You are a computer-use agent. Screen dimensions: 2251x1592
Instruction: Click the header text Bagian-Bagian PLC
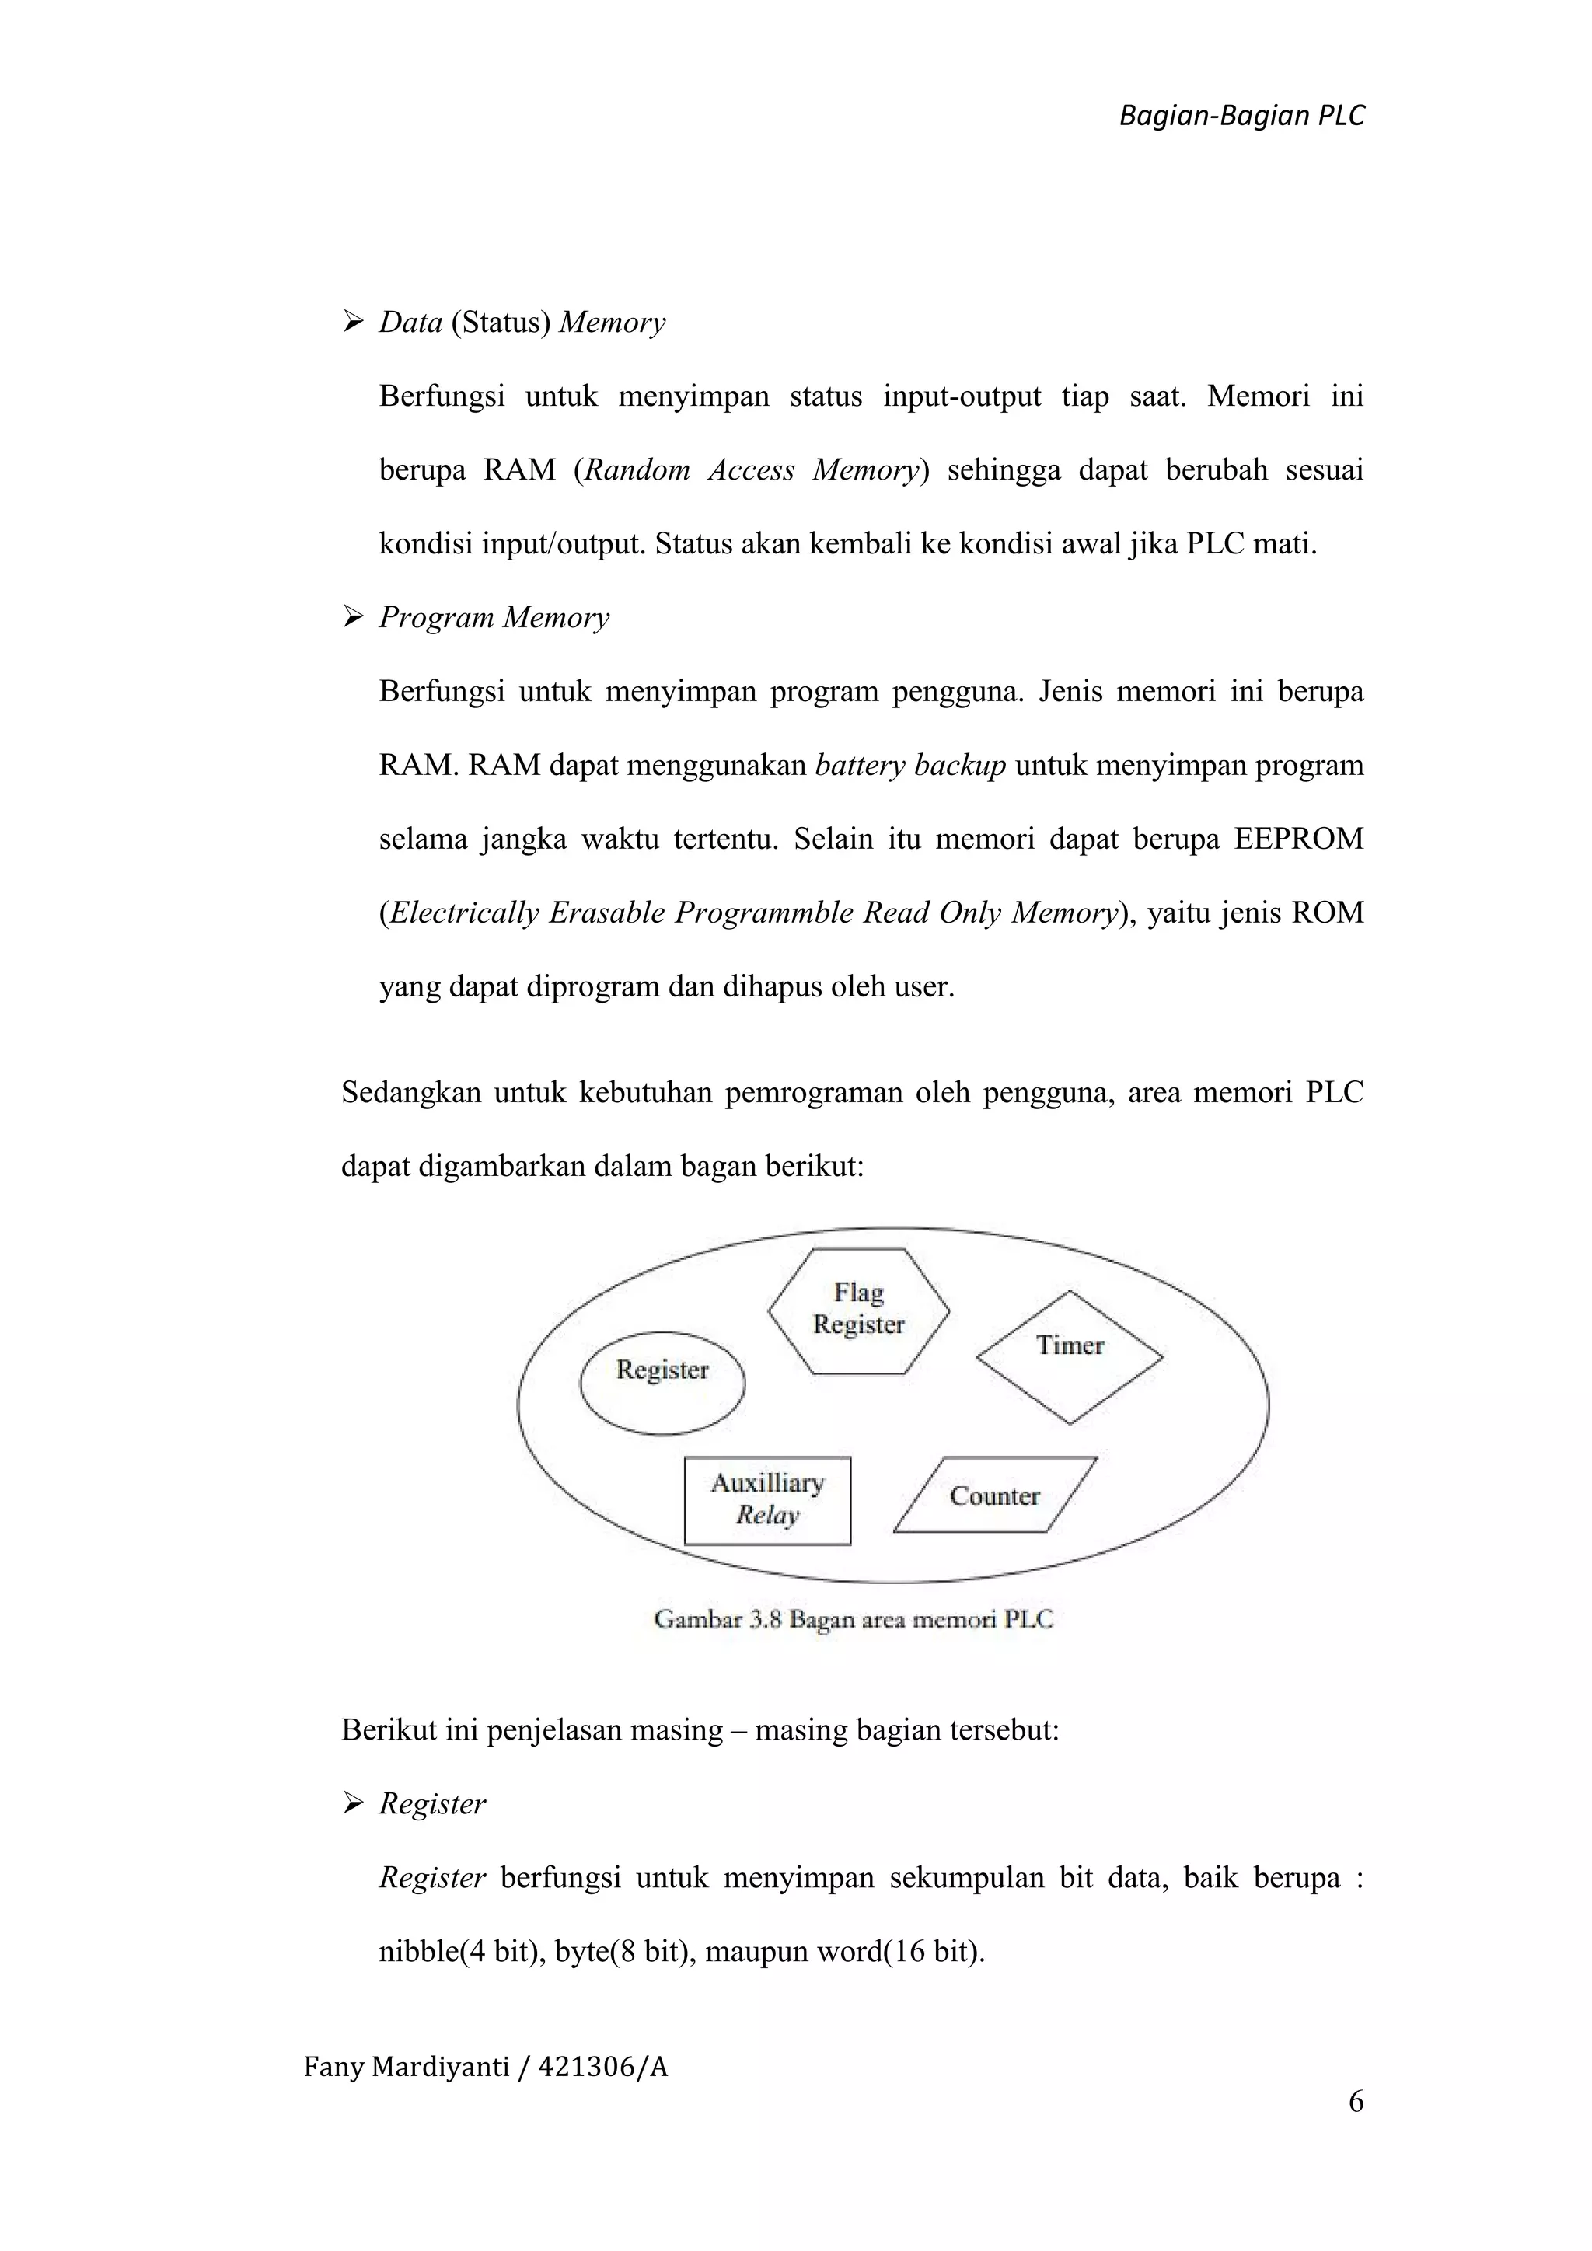(1241, 117)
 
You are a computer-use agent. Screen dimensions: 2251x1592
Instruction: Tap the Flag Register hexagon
(859, 1310)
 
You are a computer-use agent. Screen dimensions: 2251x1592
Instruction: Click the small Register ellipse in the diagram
(662, 1382)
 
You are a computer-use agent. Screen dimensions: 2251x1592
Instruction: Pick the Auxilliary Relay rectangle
(767, 1500)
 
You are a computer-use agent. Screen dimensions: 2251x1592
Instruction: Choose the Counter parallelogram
(995, 1495)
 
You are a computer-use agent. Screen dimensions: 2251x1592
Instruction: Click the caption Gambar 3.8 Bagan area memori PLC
(853, 1618)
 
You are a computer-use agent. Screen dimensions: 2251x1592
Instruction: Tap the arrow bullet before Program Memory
(352, 618)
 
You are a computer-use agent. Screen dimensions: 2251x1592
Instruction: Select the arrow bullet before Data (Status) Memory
(352, 323)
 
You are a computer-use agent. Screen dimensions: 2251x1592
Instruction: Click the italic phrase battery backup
(909, 766)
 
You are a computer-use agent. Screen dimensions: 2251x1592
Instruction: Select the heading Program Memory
(494, 618)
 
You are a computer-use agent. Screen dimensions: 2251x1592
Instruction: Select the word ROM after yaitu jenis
(1328, 913)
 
